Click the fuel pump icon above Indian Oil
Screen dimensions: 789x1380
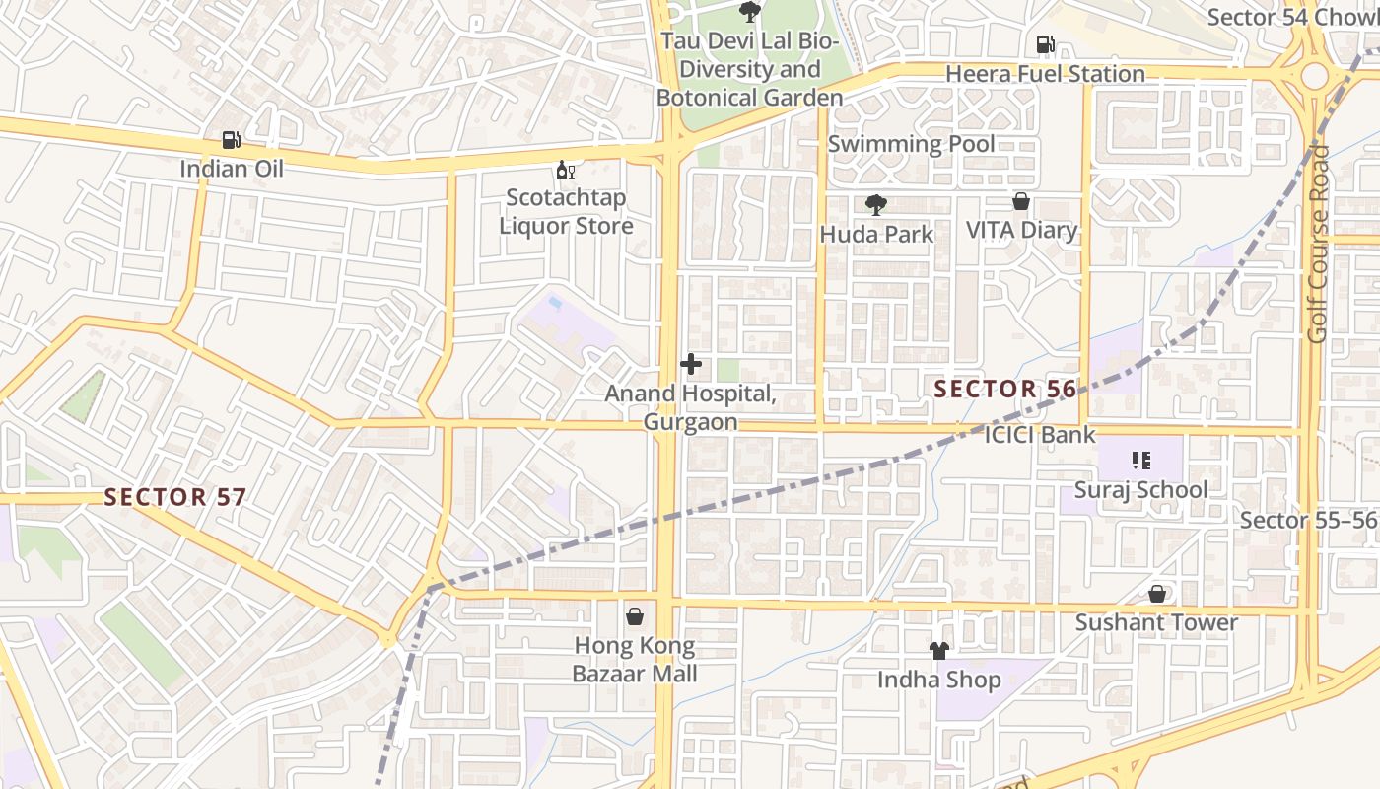tap(231, 141)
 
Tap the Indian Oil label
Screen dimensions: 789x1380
tap(231, 169)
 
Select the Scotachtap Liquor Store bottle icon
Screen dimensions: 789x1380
tap(566, 171)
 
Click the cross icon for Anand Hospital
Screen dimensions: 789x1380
tap(691, 364)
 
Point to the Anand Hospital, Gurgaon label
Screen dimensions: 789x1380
tap(690, 407)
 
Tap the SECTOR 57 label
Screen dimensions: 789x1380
tap(174, 497)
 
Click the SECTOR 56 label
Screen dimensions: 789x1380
tap(1005, 390)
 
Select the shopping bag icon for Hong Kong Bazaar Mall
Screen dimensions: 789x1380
tap(636, 616)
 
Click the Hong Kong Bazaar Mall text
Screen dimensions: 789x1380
tap(636, 660)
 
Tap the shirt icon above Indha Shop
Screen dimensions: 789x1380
tap(939, 651)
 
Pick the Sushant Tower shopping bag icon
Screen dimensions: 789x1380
tap(1157, 594)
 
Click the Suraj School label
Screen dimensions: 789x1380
tap(1140, 490)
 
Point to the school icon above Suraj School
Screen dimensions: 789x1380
tap(1141, 460)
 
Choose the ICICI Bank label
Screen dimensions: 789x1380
tap(1040, 434)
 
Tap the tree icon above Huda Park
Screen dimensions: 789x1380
tap(875, 205)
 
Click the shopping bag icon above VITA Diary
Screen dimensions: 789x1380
tap(1021, 201)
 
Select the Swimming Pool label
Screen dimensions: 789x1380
tap(911, 144)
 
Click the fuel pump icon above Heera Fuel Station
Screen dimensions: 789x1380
tap(1045, 44)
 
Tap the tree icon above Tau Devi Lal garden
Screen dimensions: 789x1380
tap(750, 12)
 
